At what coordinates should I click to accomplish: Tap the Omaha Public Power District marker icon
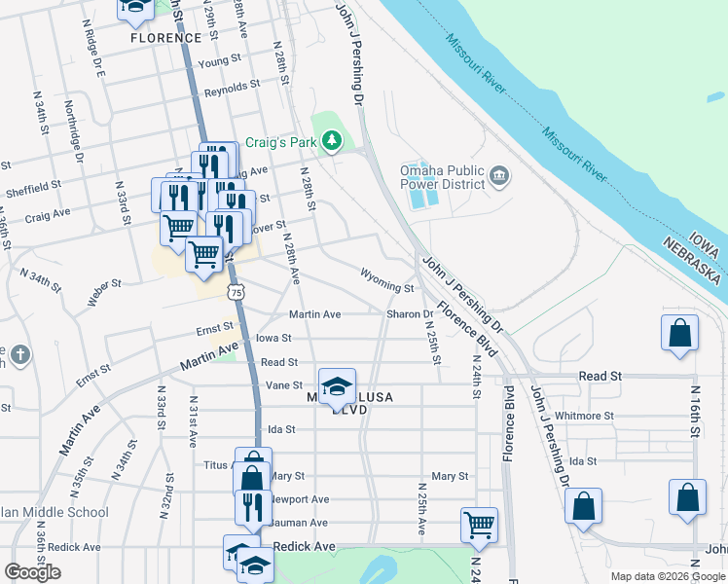tap(499, 175)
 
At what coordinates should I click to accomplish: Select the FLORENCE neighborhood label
tap(165, 38)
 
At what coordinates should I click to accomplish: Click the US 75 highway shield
tap(236, 291)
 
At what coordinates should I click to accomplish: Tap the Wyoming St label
tap(387, 280)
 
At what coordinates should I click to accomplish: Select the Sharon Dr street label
tap(409, 314)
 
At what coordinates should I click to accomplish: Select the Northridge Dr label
tap(73, 125)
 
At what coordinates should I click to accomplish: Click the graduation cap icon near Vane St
tap(337, 385)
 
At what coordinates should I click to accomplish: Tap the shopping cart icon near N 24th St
tap(479, 523)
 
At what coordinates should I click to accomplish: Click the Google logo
tap(32, 572)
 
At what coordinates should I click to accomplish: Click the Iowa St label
tap(273, 338)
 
